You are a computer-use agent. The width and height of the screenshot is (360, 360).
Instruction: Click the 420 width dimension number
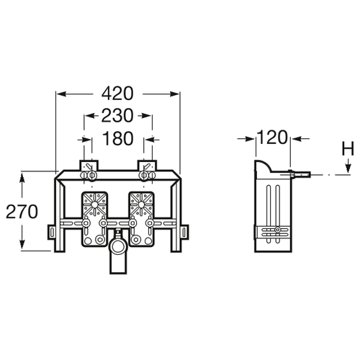[x=117, y=94]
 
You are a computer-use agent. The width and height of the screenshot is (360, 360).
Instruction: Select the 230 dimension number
[x=117, y=116]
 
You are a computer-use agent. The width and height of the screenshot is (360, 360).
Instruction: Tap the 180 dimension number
[x=117, y=138]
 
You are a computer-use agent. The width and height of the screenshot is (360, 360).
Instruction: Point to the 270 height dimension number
[x=22, y=212]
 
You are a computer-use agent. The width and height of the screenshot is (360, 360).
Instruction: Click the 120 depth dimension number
[x=272, y=138]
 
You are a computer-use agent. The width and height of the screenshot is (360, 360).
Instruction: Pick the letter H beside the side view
[x=348, y=149]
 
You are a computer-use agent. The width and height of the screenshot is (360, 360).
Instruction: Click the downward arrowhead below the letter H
[x=348, y=168]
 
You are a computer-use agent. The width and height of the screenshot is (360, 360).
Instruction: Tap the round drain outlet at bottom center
[x=117, y=247]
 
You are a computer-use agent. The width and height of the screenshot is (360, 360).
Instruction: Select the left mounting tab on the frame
[x=52, y=232]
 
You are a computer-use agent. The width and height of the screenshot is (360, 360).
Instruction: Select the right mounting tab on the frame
[x=184, y=232]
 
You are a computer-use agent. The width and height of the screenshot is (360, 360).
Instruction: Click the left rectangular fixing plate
[x=94, y=219]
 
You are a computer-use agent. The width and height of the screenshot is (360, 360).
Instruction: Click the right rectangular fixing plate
[x=141, y=219]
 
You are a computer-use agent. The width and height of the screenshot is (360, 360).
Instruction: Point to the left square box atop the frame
[x=89, y=166]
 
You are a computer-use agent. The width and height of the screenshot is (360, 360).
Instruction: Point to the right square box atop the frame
[x=147, y=166]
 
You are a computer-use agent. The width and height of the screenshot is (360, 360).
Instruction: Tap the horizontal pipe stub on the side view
[x=300, y=175]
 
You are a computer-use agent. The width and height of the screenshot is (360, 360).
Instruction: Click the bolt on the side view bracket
[x=277, y=230]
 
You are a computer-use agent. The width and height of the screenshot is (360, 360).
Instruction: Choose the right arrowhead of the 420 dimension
[x=174, y=94]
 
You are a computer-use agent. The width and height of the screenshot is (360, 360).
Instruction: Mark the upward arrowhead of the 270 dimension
[x=22, y=177]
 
